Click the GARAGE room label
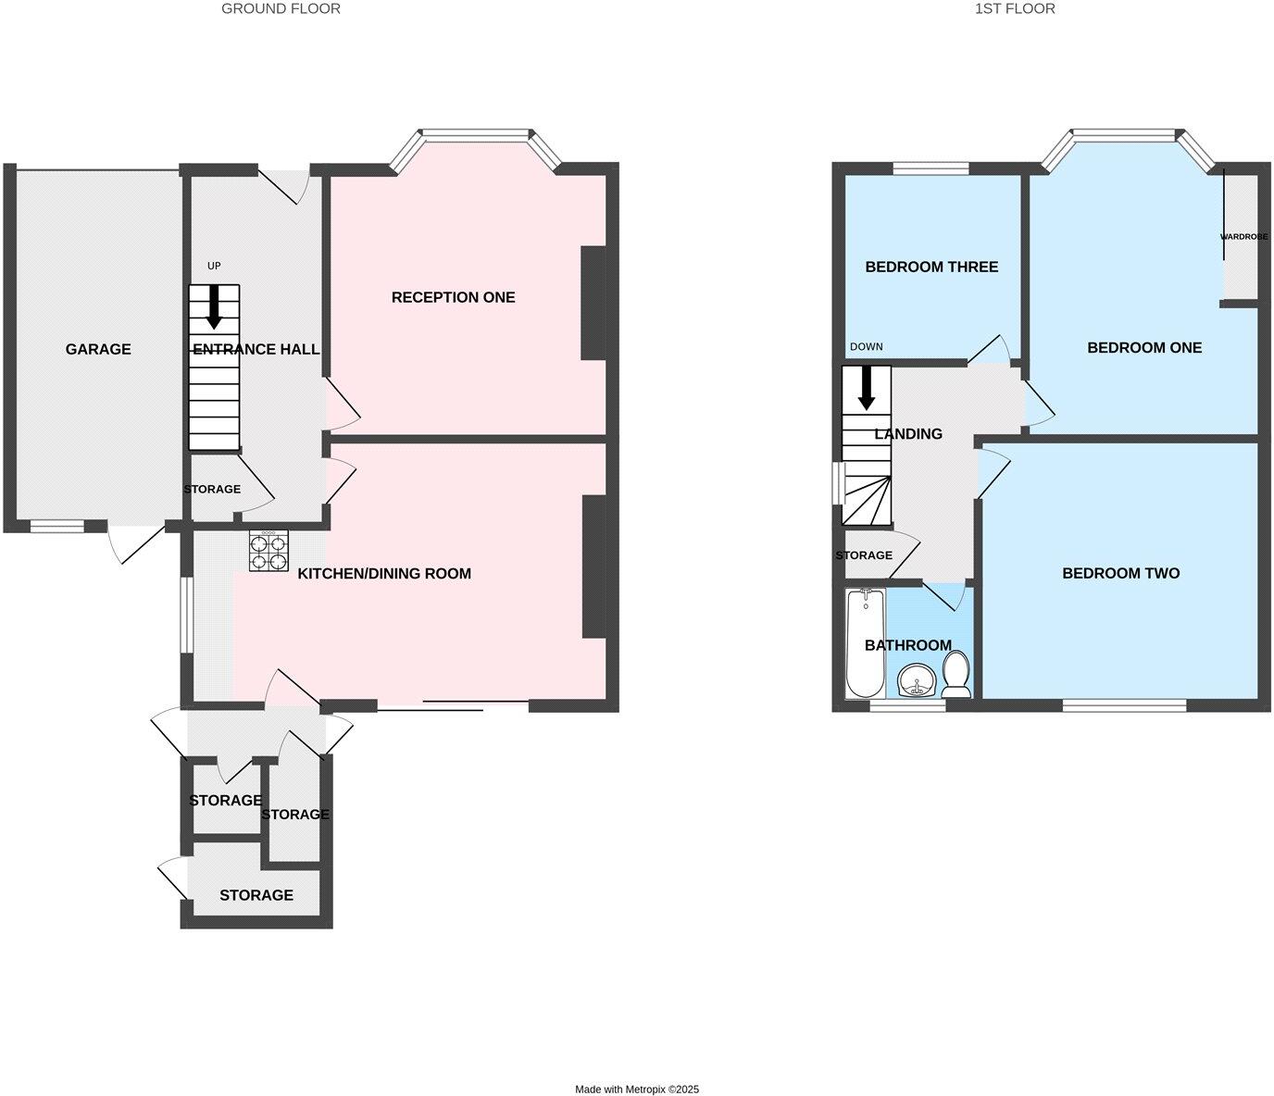point(98,349)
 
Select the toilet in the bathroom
point(955,675)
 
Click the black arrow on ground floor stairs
point(214,306)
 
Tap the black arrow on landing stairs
point(867,389)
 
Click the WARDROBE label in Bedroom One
point(1243,237)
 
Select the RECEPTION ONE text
point(453,297)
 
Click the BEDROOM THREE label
point(931,267)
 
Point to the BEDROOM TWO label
point(1120,573)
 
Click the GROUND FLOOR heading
point(281,8)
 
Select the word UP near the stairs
point(214,267)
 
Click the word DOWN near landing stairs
point(866,347)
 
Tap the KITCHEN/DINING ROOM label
point(384,574)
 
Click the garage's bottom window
point(56,527)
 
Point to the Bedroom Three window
point(931,168)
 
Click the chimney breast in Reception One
point(593,302)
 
